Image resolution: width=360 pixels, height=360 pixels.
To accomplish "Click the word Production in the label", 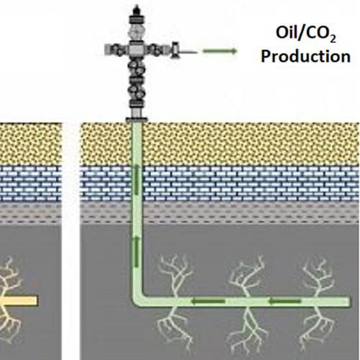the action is point(305,56).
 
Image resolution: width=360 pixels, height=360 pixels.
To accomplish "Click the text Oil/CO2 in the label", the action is point(305,34).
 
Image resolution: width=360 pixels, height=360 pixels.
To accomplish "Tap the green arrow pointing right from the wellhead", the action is point(220,51).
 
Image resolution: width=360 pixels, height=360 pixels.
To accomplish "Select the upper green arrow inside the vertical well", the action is point(136,180).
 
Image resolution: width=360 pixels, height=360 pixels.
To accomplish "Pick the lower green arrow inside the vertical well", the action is point(136,251).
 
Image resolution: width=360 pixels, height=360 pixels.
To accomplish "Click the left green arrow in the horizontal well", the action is point(208,301).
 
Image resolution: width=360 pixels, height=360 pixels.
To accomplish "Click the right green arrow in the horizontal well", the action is point(284,301).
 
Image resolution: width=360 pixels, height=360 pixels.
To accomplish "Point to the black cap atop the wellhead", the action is point(137,11).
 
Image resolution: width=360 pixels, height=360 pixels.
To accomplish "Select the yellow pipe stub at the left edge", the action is point(19,301).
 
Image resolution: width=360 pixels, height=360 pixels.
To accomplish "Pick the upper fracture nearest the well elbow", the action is point(175,276).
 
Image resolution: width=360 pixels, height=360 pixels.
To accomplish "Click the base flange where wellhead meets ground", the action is point(137,120).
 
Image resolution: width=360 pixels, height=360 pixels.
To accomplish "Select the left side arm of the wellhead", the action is point(117,50).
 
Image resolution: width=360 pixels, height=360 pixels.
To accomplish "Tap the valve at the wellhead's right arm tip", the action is point(175,50).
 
